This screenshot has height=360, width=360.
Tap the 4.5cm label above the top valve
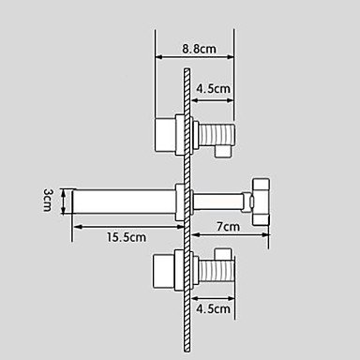tap(212, 90)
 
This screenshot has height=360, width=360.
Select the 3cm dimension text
tap(47, 200)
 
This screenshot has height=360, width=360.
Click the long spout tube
tap(122, 200)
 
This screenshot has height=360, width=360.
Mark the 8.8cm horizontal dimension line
tap(192, 57)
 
